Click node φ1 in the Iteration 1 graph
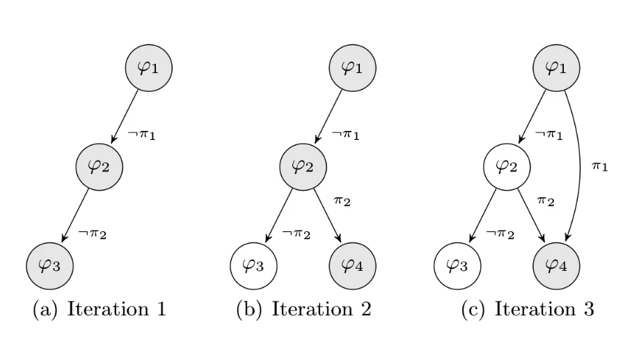[148, 68]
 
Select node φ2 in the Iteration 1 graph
[99, 166]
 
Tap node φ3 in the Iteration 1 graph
[49, 265]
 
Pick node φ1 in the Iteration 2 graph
[352, 68]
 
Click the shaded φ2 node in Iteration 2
[303, 166]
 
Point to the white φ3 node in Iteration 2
[253, 265]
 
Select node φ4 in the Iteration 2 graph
[352, 265]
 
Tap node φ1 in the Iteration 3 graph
[555, 68]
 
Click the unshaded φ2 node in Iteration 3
[507, 166]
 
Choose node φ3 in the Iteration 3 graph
[457, 265]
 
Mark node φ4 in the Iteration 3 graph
[555, 265]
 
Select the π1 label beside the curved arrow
[600, 166]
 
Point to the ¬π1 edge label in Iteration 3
[549, 134]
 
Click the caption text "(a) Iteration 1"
[100, 309]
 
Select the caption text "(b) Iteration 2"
[303, 309]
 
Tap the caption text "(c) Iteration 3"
[528, 309]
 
